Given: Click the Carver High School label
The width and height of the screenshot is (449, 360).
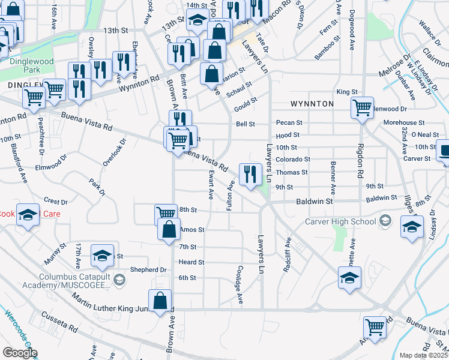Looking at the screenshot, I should [340, 222].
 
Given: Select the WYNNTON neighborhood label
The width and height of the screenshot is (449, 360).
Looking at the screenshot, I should [312, 104].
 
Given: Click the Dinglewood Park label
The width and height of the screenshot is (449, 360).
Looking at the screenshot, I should [31, 65].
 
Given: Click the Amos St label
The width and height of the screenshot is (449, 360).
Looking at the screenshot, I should [193, 229].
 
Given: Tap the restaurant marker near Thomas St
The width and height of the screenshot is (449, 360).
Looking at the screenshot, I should [250, 175].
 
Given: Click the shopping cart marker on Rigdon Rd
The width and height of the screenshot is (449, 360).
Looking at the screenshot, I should [362, 109].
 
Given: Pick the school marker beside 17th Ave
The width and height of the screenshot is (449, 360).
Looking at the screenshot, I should [103, 256].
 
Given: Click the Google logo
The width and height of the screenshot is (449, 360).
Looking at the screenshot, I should [20, 353].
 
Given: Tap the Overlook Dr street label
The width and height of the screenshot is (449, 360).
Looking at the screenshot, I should [115, 152].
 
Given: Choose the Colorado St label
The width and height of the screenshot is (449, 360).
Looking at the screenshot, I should [293, 160].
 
